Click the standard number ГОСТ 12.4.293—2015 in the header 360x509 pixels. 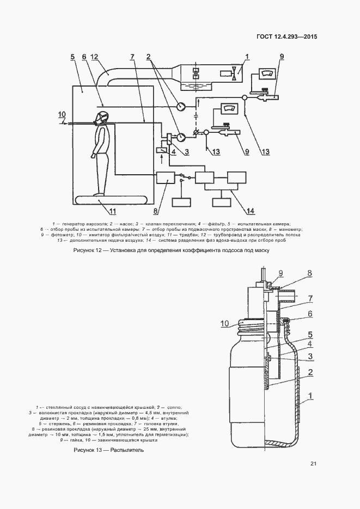(x=286, y=37)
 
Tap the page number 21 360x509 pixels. (x=313, y=464)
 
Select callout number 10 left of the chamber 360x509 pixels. (x=62, y=114)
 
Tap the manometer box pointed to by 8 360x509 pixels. (x=165, y=177)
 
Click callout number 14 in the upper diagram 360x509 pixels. (x=250, y=211)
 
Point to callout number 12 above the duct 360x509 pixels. (x=94, y=57)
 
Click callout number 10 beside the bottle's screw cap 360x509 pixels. (x=225, y=324)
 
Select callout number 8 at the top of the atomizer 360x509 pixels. (x=309, y=273)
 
